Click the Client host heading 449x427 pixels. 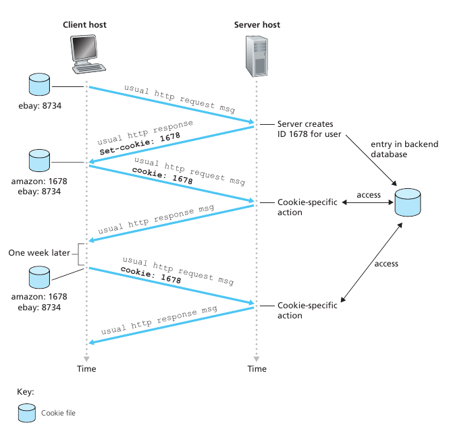pos(84,25)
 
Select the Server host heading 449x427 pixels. pos(257,25)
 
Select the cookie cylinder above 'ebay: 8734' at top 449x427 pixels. pos(39,86)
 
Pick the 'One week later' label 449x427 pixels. pos(38,254)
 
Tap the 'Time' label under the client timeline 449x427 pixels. pos(86,369)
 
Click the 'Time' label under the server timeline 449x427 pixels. pos(257,369)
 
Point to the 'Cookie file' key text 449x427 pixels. pos(58,412)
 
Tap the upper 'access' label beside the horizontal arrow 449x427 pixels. pos(369,195)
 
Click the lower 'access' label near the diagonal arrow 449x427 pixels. pos(386,264)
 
